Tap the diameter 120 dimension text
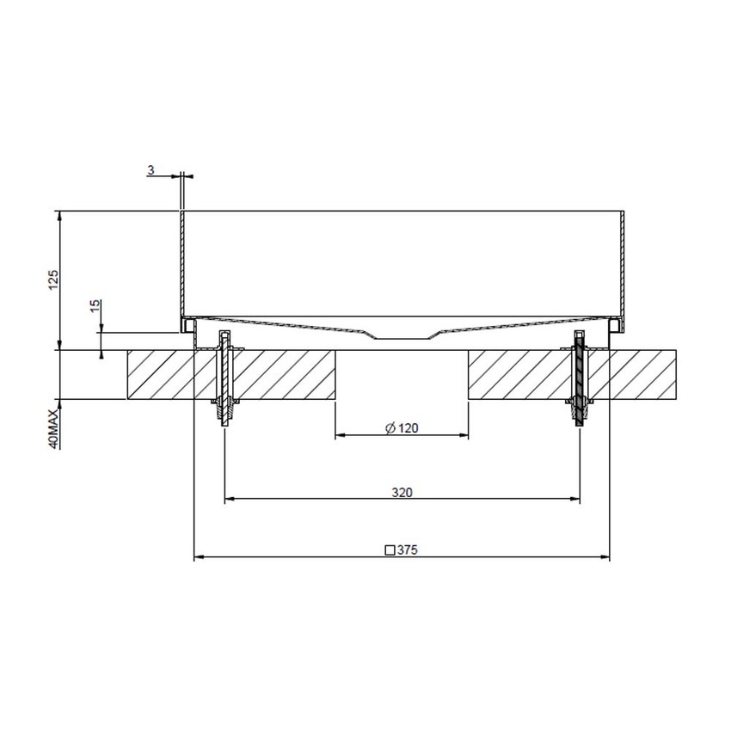(408, 428)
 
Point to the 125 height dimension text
(52, 280)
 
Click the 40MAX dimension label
(52, 428)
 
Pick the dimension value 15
(95, 306)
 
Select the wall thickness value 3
(150, 170)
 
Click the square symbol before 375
(390, 550)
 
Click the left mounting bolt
(225, 378)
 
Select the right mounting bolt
(580, 378)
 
